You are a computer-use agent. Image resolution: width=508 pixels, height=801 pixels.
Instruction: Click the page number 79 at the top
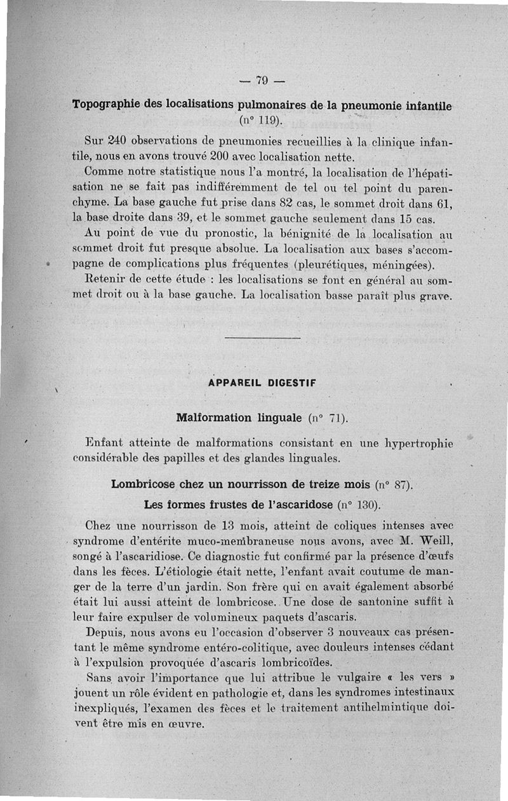tap(261, 80)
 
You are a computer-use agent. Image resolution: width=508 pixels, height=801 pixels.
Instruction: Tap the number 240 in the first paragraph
tap(117, 140)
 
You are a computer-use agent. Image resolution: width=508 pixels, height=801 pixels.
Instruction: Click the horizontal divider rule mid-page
tap(262, 338)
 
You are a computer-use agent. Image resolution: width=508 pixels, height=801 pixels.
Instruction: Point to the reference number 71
tap(335, 418)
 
